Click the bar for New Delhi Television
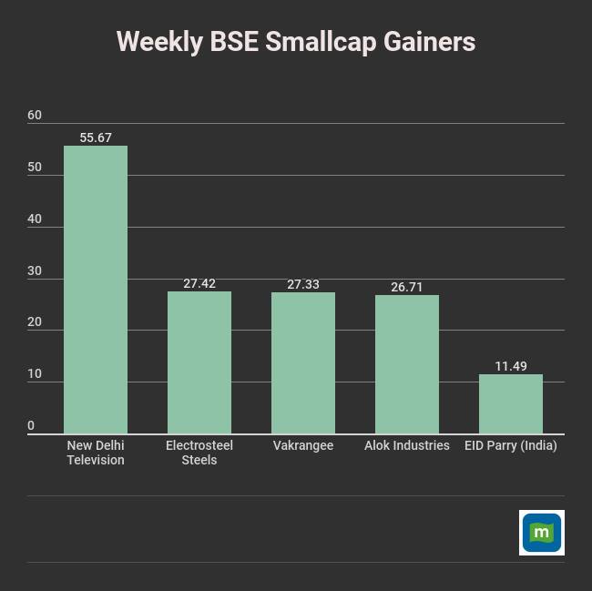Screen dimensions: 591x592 [x=96, y=290]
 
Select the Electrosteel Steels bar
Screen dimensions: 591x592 [x=199, y=362]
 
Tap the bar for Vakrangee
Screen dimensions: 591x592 [x=303, y=362]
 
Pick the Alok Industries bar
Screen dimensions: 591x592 [x=407, y=364]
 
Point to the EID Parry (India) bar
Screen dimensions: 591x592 [x=511, y=403]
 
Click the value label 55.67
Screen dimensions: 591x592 [x=96, y=138]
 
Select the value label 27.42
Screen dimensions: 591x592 [x=199, y=284]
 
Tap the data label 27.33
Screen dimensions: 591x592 [x=303, y=285]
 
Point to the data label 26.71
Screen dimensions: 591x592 [x=407, y=287]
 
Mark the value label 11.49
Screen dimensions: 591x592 [x=511, y=366]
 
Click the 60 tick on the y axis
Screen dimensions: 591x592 [x=35, y=115]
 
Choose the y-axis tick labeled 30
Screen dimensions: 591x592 [x=35, y=270]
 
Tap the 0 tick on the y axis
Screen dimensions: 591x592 [x=31, y=425]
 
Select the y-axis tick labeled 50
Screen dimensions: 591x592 [x=35, y=167]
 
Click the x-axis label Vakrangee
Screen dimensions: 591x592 [x=303, y=445]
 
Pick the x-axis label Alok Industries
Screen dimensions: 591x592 [x=407, y=445]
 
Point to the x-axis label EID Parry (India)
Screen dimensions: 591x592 [x=511, y=445]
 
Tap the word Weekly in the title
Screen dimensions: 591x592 [x=159, y=42]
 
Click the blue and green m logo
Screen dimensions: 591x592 [x=542, y=533]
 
